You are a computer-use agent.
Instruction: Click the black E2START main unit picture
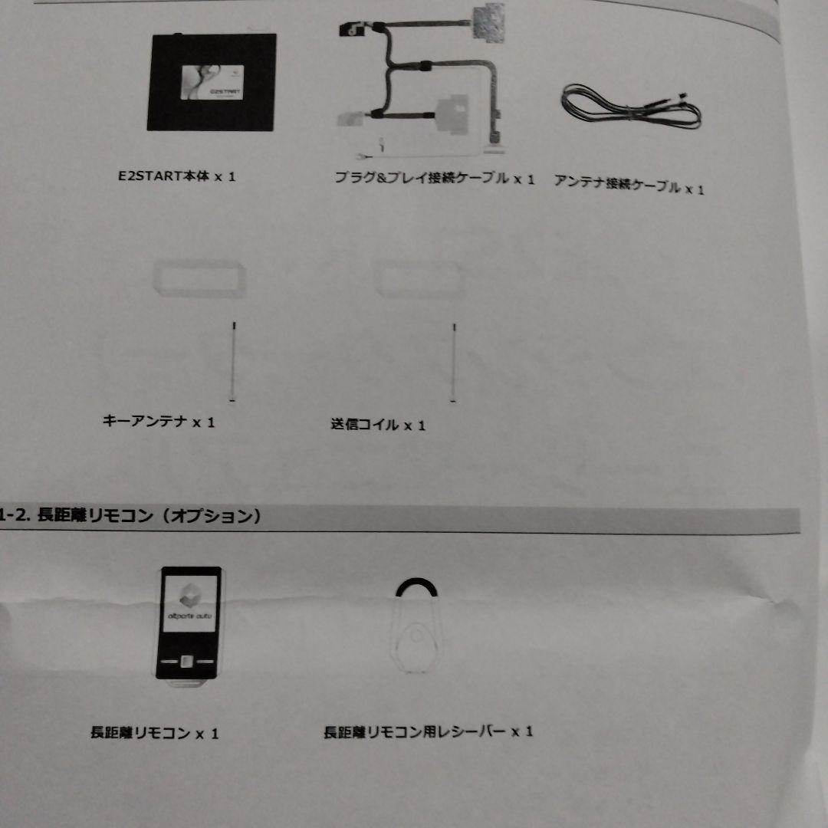[211, 83]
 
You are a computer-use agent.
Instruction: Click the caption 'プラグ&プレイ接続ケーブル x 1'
[434, 179]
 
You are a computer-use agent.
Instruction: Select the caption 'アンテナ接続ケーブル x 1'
[628, 186]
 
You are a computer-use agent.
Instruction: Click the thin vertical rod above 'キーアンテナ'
[233, 360]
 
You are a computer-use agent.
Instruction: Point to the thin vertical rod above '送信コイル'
[455, 362]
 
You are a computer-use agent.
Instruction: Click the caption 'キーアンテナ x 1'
[159, 421]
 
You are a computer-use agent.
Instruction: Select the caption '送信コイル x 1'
[377, 424]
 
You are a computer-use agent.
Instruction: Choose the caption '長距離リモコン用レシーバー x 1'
[428, 732]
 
